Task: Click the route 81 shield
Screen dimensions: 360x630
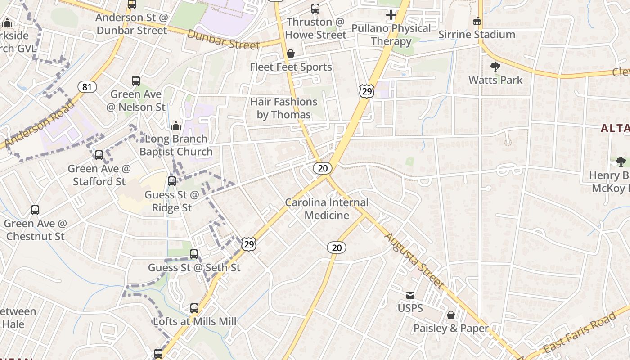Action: (87, 87)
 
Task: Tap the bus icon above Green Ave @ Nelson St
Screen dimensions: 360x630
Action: (136, 81)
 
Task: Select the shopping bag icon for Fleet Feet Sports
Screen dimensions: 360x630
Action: (291, 54)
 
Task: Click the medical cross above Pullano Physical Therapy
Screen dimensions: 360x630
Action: (391, 15)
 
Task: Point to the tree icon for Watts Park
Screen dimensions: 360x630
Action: (495, 67)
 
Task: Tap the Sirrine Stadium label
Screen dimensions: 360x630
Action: (477, 34)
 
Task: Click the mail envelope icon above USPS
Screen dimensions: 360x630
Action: (410, 295)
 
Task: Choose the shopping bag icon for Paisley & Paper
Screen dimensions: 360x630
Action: (450, 315)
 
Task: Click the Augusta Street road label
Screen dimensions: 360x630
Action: (414, 261)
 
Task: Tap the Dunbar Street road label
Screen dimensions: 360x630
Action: (224, 40)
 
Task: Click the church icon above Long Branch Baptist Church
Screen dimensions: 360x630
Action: (176, 125)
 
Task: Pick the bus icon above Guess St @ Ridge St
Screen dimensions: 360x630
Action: (172, 181)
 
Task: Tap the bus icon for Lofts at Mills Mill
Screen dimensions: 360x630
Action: (194, 308)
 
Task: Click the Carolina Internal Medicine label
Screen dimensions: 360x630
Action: (327, 209)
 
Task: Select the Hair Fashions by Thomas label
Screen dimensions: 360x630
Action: (284, 108)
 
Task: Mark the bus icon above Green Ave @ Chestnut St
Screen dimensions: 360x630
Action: (35, 210)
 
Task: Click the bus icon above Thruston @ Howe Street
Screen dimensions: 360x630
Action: (315, 9)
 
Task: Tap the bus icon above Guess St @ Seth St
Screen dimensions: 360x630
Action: (194, 254)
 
